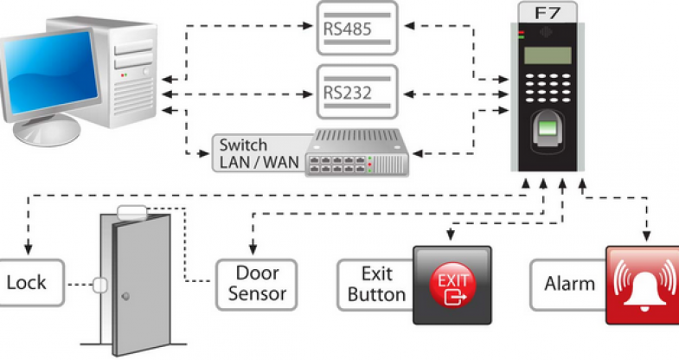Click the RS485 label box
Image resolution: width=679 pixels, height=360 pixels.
356,29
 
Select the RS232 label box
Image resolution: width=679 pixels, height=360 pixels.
356,90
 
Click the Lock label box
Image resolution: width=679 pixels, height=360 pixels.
29,282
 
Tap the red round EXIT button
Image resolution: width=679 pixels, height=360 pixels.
452,285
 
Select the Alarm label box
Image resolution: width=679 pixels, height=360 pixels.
569,283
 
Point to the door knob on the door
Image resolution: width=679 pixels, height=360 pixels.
126,297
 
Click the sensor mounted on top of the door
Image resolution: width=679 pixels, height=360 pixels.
132,209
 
